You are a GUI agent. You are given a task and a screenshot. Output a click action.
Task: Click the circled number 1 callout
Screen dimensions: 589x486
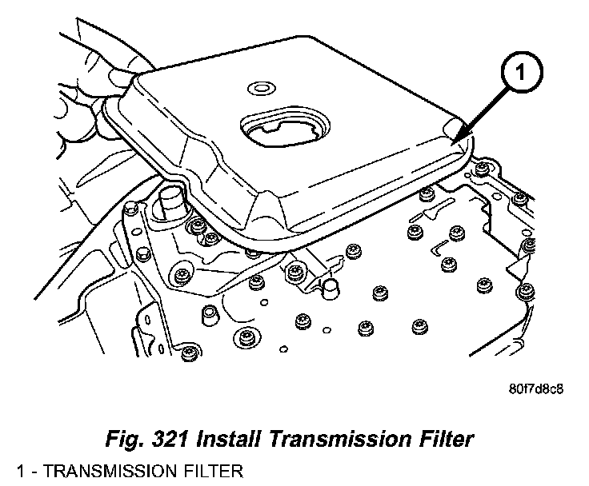click(x=519, y=75)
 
